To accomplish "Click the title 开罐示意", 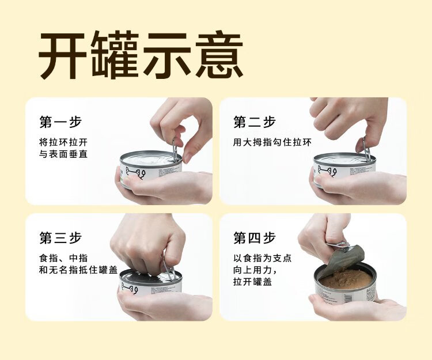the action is point(141,55).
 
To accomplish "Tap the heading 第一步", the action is point(60,122).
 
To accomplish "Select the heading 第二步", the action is point(255,122).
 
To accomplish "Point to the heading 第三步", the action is point(60,238).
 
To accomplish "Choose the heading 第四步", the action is point(255,238).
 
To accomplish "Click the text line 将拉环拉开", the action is point(63,142).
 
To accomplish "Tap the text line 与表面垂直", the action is point(63,154).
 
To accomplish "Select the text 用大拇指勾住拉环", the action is point(272,142).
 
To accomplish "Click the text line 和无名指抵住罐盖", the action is point(78,270).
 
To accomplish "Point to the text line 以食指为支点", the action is point(262,258).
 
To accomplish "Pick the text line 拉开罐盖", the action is point(253,282).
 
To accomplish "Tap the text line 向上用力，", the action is point(255,270).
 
